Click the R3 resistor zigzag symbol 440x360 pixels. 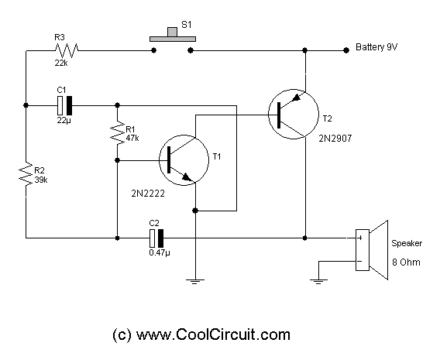coord(67,50)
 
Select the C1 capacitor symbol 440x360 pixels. coord(64,105)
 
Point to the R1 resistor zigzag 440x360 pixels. coord(118,132)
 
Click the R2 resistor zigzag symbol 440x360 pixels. coord(26,174)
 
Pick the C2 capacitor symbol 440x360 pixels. coord(156,238)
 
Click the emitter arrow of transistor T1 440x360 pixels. coord(187,177)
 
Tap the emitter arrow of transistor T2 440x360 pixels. coord(296,98)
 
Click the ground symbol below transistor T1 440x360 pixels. coord(195,282)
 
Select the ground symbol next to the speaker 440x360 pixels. coord(318,282)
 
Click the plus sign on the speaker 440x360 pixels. coord(360,238)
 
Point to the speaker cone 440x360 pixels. coord(379,250)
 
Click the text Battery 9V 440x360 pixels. coord(376,47)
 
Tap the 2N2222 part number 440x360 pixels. coord(148,194)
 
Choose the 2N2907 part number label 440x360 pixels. coord(335,139)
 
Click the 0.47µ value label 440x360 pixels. coord(160,252)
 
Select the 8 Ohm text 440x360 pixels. coord(406,262)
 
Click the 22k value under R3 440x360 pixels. coord(61,63)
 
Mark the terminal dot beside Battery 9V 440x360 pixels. coord(346,50)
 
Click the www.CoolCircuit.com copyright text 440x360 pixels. coord(201,334)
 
